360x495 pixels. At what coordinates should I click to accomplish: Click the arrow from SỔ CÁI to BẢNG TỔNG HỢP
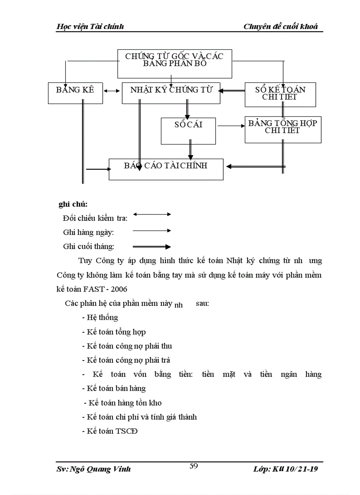231,126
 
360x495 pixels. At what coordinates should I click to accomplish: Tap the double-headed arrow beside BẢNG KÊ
112,91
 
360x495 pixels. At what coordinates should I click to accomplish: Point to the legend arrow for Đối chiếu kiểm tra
152,214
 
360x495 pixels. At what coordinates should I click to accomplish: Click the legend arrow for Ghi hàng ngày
152,230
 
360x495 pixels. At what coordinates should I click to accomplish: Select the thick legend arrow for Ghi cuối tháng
152,247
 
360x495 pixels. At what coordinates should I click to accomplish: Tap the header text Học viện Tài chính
90,26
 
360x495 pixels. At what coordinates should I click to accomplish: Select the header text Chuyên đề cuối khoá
281,26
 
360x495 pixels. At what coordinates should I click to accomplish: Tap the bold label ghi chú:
73,204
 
